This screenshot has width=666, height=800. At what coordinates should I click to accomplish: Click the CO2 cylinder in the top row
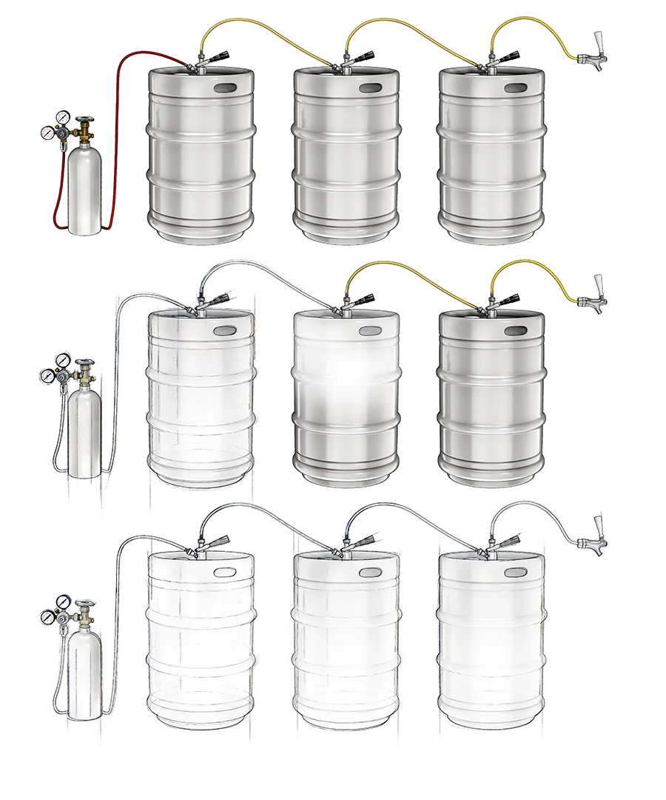[x=83, y=193]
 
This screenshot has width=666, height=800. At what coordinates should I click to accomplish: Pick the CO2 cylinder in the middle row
[x=83, y=433]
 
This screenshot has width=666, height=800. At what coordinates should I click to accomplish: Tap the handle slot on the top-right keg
[x=516, y=87]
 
